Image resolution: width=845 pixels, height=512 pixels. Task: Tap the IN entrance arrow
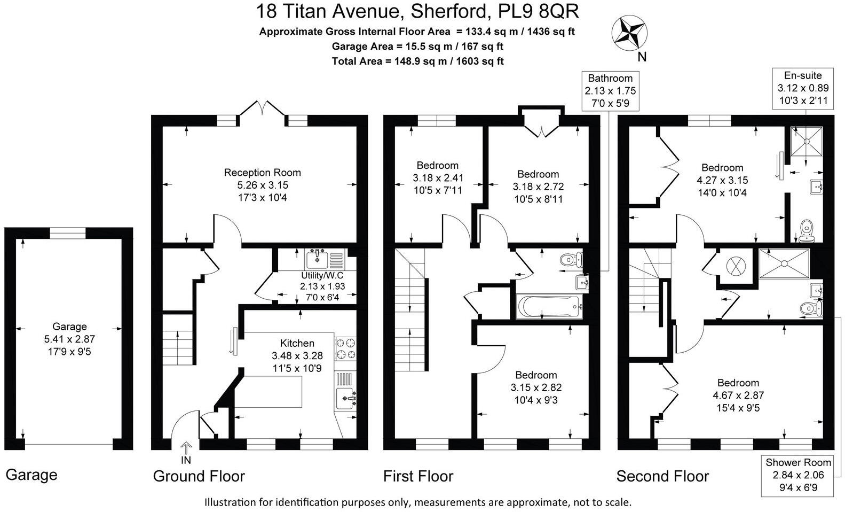click(x=186, y=449)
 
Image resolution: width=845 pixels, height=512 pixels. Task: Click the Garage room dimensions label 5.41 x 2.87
click(x=69, y=339)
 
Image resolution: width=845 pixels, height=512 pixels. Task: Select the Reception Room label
click(x=262, y=173)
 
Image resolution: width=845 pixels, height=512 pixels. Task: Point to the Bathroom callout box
click(x=610, y=91)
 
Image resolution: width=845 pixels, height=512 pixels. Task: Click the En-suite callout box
click(x=803, y=88)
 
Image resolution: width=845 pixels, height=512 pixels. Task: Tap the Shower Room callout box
click(x=798, y=475)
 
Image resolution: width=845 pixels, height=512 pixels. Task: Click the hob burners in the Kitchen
click(x=346, y=348)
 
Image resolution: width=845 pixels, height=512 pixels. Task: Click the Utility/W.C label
click(x=323, y=275)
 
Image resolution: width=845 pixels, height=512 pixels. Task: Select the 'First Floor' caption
click(x=418, y=476)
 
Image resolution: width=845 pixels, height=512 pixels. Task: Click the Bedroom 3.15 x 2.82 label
click(x=535, y=387)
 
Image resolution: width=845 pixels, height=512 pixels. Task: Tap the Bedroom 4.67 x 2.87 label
click(x=738, y=395)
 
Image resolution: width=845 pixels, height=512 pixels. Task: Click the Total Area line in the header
click(x=417, y=61)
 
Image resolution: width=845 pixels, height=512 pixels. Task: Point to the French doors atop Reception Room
click(x=261, y=108)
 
